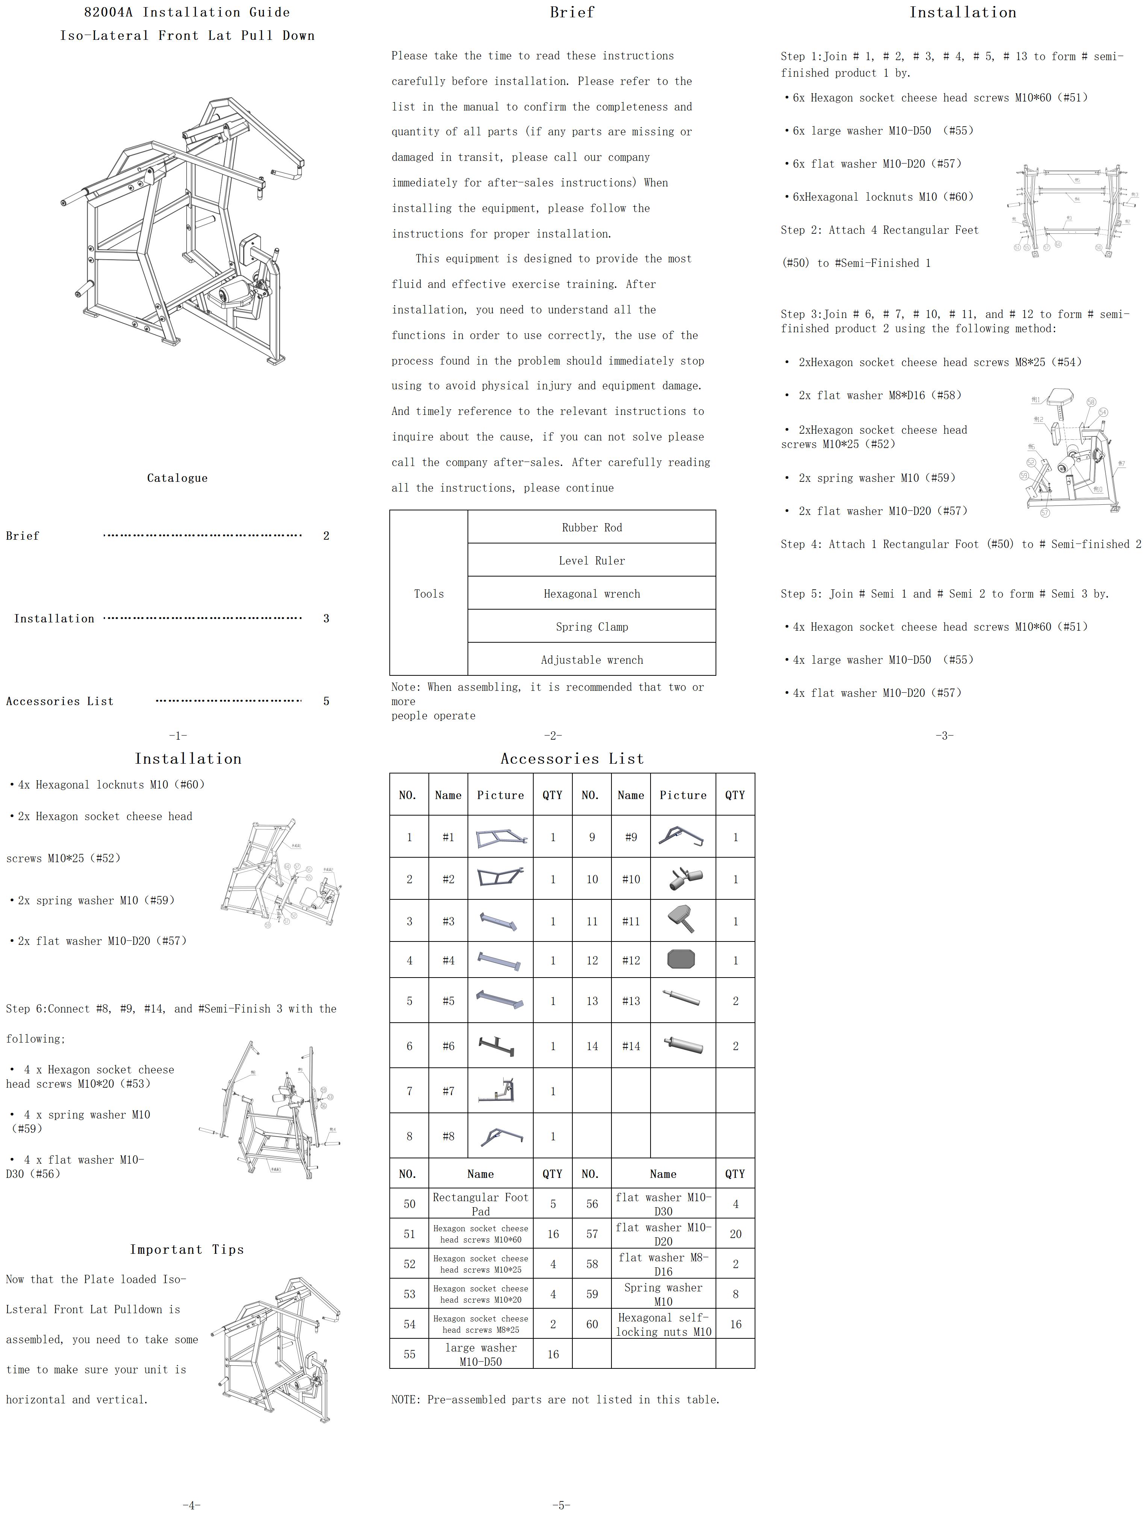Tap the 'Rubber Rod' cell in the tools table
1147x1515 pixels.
point(592,527)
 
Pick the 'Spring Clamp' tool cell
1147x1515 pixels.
point(592,627)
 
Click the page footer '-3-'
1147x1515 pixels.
point(944,736)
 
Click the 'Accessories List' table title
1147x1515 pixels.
point(572,759)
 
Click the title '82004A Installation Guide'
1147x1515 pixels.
point(187,12)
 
